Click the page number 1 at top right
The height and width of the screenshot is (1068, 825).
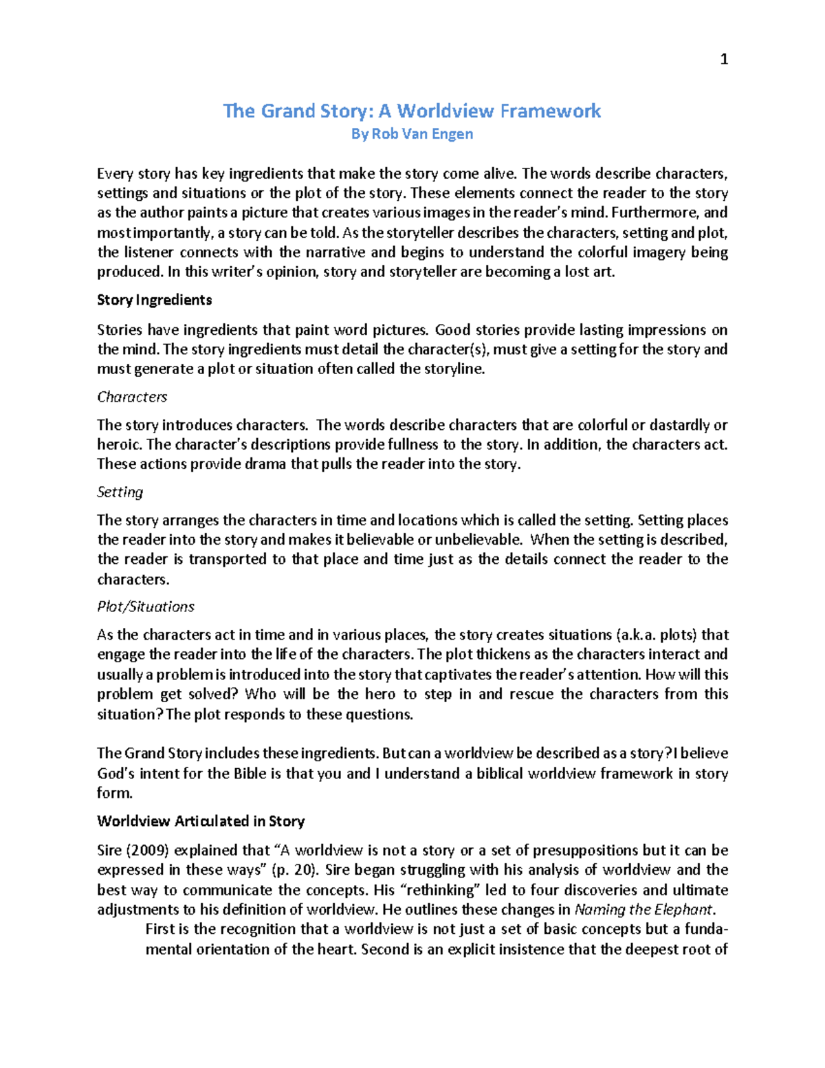click(x=723, y=60)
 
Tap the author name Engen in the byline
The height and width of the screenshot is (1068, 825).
click(x=453, y=134)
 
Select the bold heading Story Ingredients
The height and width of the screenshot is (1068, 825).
click(x=154, y=300)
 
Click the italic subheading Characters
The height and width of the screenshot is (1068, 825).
click(x=132, y=397)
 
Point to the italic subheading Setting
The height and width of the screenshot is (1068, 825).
click(x=120, y=492)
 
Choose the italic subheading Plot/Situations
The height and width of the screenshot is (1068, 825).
click(x=146, y=607)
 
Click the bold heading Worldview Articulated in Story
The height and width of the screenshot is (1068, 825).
click(x=201, y=821)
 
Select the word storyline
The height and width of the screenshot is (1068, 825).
click(x=452, y=369)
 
